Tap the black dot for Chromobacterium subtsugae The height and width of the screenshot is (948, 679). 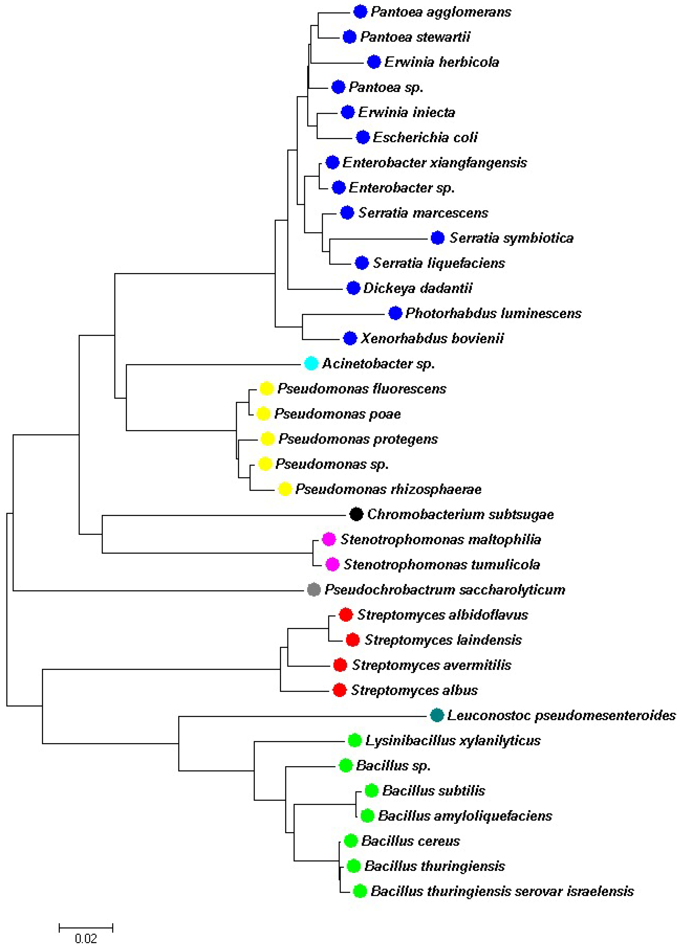[x=356, y=514]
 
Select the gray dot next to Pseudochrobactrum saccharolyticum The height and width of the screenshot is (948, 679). [x=314, y=589]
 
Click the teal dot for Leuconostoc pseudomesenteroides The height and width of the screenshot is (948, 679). [x=437, y=715]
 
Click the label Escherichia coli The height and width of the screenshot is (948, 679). [x=425, y=137]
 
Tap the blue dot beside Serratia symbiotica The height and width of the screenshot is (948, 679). [x=437, y=238]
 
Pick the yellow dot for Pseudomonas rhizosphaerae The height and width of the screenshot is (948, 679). [x=284, y=489]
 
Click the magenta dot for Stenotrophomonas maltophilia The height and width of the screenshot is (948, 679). [x=329, y=539]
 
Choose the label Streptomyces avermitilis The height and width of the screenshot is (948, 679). [x=431, y=665]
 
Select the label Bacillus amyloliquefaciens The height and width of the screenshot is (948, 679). [x=465, y=815]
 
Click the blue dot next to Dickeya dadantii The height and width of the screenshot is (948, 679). [x=353, y=288]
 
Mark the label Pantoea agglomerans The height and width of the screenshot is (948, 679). [x=440, y=12]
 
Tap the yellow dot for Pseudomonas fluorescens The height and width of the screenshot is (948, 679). [x=266, y=388]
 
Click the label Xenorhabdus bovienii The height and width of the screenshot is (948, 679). [x=432, y=339]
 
